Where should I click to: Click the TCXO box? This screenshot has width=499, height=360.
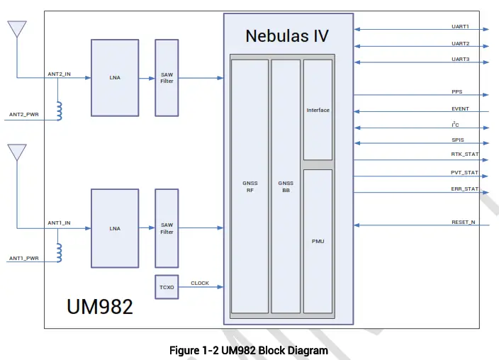coord(167,288)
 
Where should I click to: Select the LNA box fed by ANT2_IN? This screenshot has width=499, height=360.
coord(115,77)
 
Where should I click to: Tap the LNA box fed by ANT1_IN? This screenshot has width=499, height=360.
coord(115,228)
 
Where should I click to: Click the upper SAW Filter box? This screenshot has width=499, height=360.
coord(167,77)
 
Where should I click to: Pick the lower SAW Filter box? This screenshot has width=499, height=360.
coord(167,228)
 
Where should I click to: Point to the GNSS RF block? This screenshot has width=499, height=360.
coord(250,186)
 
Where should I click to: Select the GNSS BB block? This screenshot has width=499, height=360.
coord(286,186)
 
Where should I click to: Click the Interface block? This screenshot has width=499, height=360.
coord(318,110)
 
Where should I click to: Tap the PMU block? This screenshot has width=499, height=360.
coord(318,241)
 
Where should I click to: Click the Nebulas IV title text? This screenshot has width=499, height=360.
coord(287,35)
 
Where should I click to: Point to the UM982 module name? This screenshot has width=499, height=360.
coord(100,307)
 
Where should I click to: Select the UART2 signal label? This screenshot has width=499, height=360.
coord(461,44)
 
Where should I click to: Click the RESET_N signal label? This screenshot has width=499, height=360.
coord(464,223)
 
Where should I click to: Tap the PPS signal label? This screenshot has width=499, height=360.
coord(457,92)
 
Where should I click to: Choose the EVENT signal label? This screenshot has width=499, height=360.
coord(460,109)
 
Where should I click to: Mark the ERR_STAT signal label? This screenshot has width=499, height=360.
coord(465,189)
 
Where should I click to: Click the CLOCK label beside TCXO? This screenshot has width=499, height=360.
coord(200,283)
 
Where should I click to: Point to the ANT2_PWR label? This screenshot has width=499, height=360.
coord(23,114)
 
